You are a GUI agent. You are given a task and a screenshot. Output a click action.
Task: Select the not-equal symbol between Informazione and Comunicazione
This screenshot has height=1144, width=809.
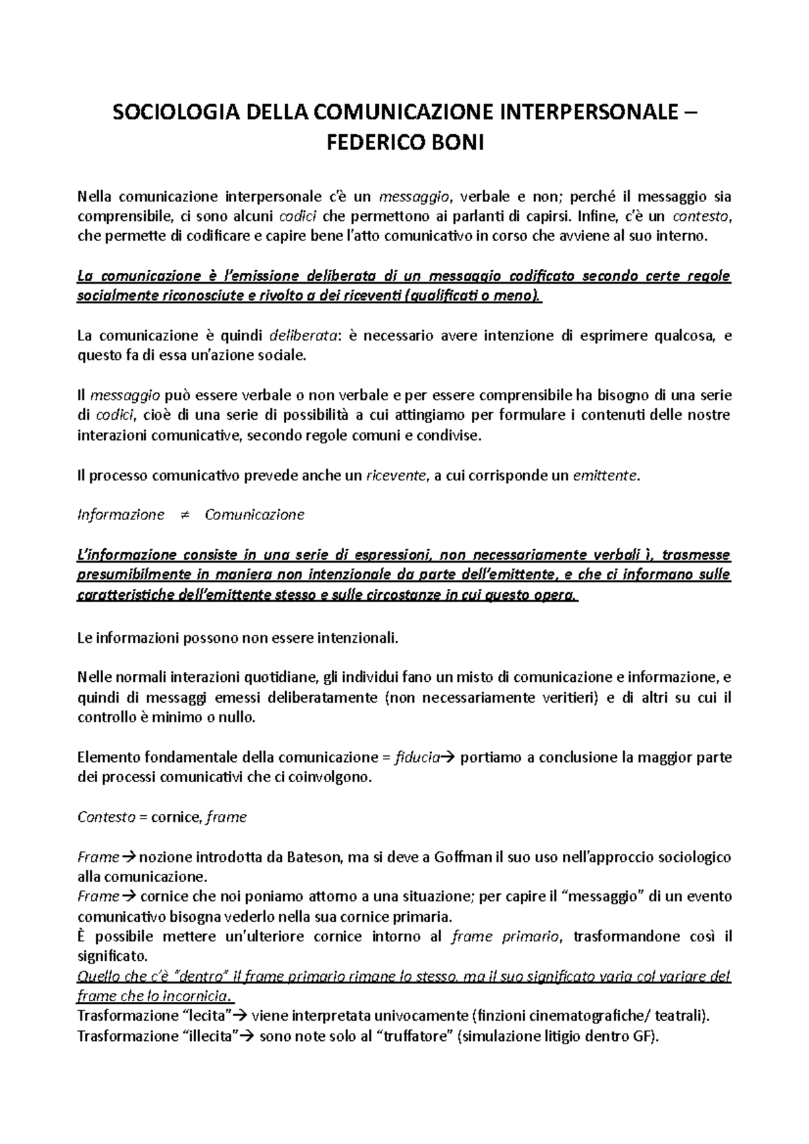[184, 515]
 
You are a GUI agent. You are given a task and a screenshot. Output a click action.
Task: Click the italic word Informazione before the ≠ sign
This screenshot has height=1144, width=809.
[121, 515]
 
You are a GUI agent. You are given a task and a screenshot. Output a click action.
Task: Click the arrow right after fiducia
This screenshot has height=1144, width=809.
[449, 758]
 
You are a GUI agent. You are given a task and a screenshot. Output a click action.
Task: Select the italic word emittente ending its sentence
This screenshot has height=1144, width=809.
[603, 476]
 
